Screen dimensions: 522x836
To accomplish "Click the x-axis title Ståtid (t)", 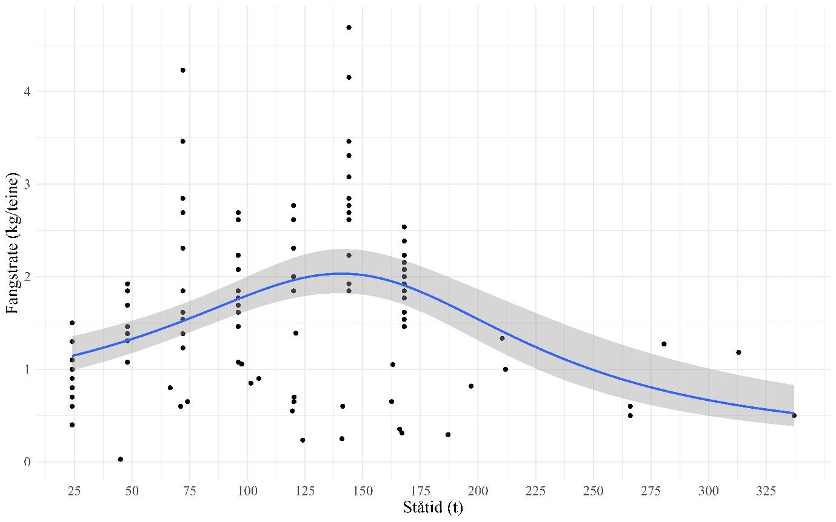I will (433, 507).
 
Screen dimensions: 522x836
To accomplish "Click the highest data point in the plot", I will (349, 27).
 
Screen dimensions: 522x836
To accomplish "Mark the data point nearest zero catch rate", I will (121, 459).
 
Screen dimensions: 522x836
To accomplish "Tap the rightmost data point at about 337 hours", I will (794, 415).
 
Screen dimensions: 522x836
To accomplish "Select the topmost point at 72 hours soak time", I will (182, 70).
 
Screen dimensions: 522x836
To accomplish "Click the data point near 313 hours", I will (738, 352).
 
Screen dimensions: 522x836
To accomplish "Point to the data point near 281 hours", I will (664, 344).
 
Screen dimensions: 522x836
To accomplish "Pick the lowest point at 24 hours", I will (72, 425).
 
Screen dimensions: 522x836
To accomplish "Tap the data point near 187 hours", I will (447, 434).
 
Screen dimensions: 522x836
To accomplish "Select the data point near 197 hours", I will (471, 386).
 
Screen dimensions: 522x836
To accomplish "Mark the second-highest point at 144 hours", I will (349, 78).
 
